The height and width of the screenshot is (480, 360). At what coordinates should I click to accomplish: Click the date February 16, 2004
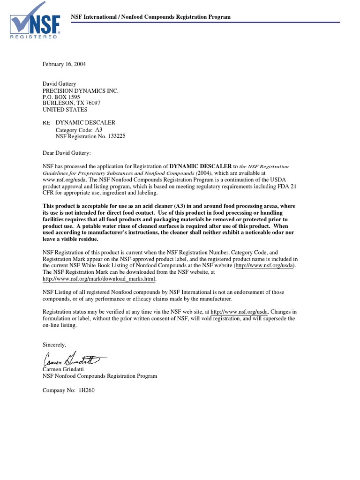64,64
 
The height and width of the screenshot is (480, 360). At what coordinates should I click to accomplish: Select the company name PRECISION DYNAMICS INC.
81,90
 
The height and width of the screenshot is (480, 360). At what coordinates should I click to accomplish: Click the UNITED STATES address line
65,110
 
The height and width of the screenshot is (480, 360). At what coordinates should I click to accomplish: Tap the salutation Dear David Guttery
68,153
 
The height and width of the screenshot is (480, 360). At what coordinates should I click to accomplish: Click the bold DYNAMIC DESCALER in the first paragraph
200,166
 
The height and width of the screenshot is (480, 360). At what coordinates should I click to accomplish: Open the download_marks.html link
99,279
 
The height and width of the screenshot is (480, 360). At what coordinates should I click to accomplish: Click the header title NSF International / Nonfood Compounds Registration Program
150,17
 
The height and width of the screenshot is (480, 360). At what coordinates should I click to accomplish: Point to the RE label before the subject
46,123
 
